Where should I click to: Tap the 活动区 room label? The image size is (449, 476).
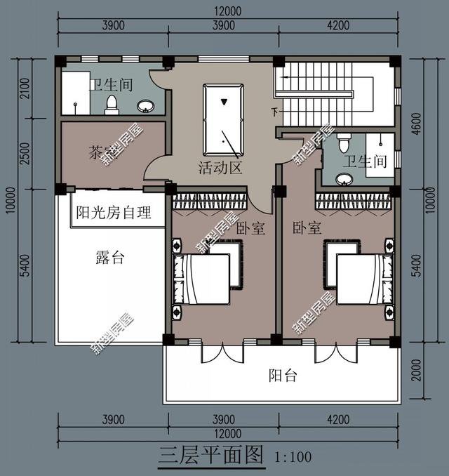click(x=220, y=168)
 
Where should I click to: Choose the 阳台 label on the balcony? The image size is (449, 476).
click(x=283, y=376)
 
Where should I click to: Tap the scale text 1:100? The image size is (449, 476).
click(x=293, y=458)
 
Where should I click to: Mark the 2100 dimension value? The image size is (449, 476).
click(x=25, y=90)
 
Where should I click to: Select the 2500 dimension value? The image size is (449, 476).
click(x=25, y=153)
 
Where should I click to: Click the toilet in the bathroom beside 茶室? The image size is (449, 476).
click(x=111, y=105)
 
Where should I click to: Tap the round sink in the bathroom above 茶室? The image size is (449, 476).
click(x=146, y=106)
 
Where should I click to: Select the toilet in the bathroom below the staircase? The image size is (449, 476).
click(x=343, y=144)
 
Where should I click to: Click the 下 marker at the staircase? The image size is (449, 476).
click(x=274, y=111)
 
